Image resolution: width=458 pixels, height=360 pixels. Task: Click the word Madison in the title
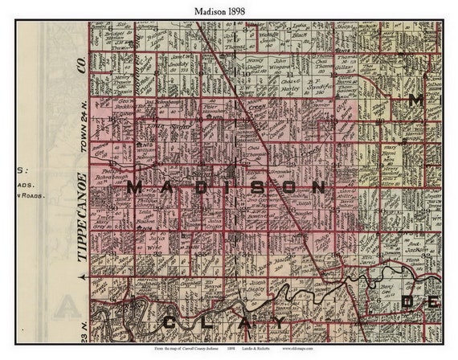pos(211,9)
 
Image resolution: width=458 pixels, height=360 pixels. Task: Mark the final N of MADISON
pos(318,188)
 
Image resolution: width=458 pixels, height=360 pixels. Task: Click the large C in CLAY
pos(170,323)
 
